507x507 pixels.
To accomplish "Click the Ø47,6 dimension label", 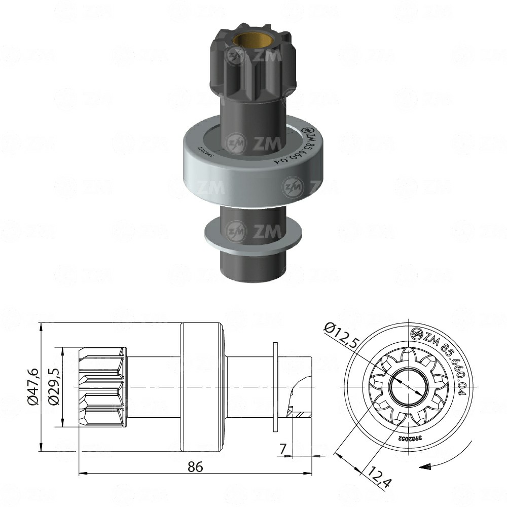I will point(32,386).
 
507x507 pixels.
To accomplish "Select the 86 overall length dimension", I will point(195,466).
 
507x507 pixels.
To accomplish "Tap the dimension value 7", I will point(282,449).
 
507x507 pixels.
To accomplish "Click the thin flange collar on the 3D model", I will point(252,232).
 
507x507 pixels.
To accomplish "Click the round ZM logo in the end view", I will point(415,334).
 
